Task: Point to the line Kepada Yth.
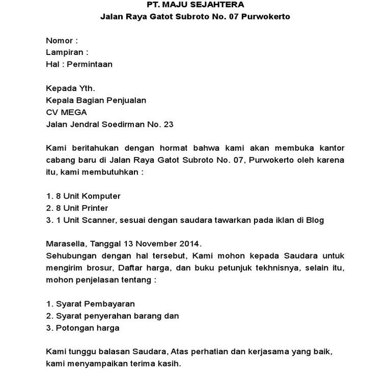[x=70, y=88]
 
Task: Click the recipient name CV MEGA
[x=66, y=112]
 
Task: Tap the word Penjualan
[x=125, y=100]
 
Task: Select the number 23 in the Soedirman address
[x=168, y=124]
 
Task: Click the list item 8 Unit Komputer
[x=83, y=196]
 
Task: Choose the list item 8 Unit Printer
[x=77, y=208]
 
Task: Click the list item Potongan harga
[x=82, y=328]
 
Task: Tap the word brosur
[x=94, y=268]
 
